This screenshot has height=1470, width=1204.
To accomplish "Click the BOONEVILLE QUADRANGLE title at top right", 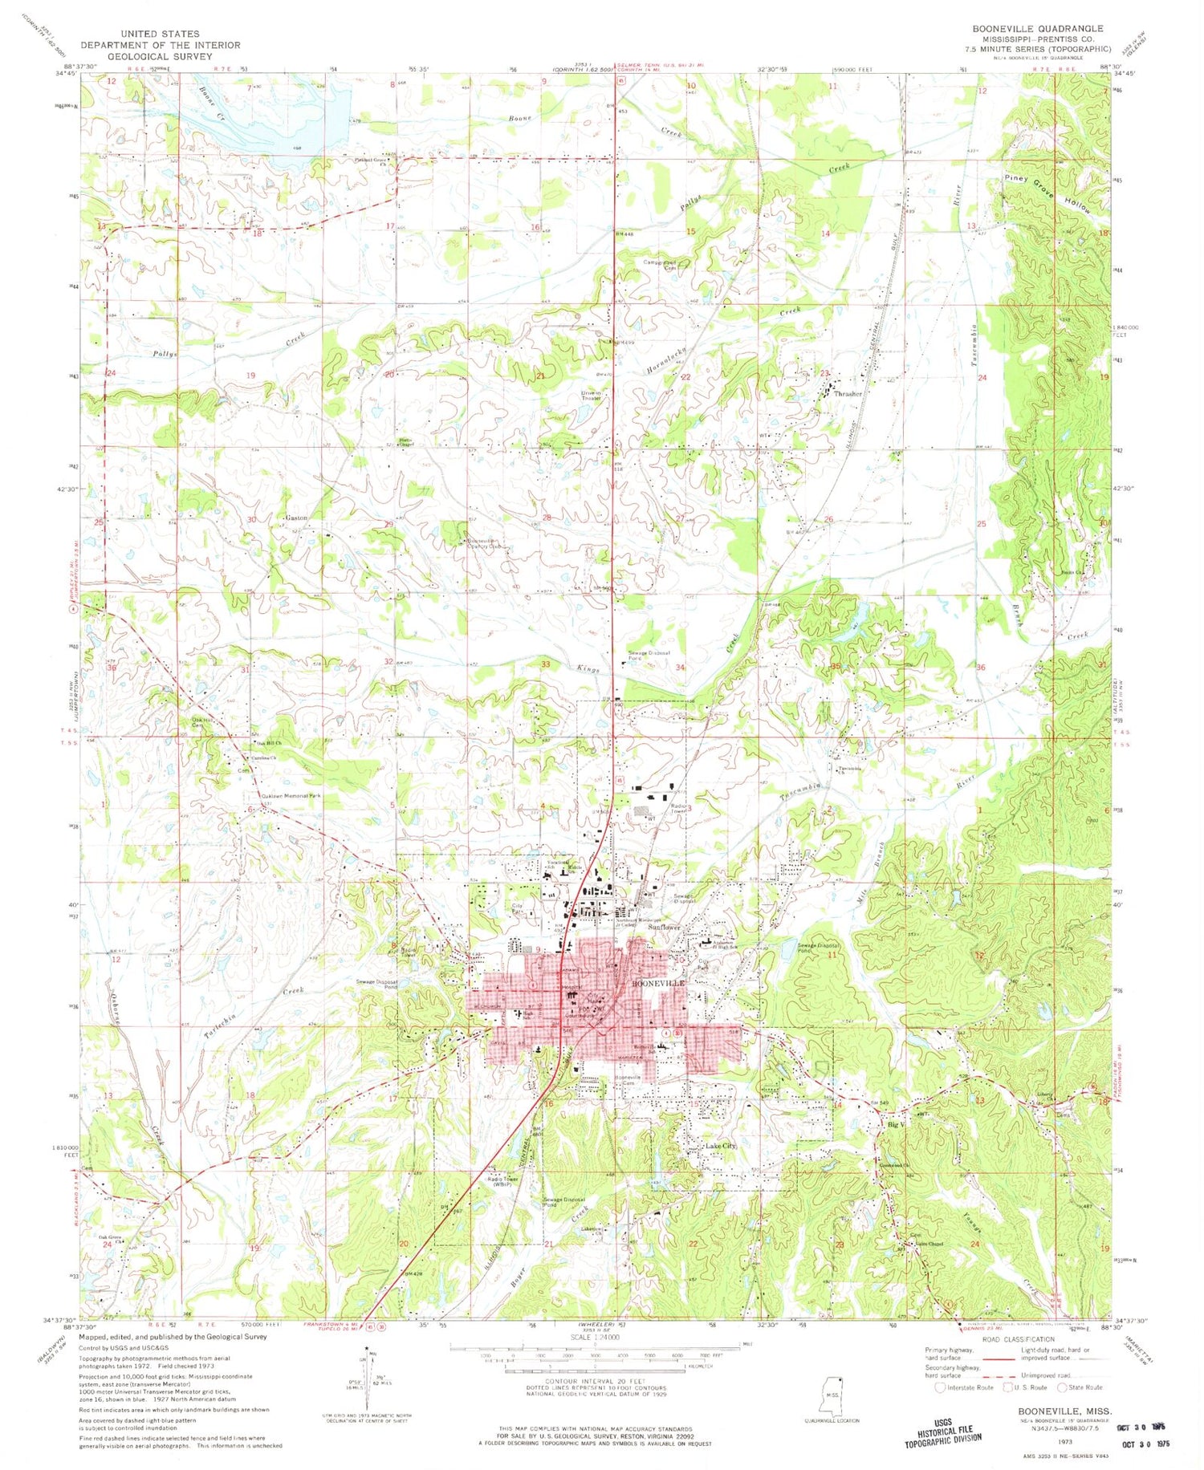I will click(x=1037, y=28).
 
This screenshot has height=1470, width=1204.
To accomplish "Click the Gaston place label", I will click(x=296, y=518).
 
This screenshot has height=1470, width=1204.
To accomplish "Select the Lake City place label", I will click(x=719, y=1146).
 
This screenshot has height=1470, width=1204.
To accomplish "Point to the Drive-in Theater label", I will click(x=592, y=396).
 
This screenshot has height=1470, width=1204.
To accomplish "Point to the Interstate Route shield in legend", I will click(x=941, y=1387).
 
